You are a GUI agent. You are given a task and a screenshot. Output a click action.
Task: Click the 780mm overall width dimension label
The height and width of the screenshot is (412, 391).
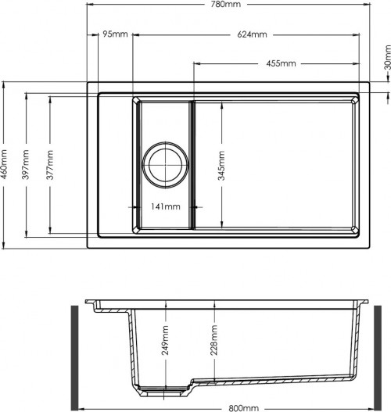point(226,4)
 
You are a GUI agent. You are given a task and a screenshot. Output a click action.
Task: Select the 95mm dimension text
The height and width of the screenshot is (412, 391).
point(115,34)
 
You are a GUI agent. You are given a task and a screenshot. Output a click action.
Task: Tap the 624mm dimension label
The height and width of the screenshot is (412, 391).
point(252,34)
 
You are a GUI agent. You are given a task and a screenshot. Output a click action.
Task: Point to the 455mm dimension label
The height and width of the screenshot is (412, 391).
point(281,63)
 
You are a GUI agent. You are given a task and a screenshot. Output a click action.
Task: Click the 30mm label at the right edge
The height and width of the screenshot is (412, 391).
point(388,58)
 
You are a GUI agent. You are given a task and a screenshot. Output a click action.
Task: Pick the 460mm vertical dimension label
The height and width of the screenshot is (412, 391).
point(4,165)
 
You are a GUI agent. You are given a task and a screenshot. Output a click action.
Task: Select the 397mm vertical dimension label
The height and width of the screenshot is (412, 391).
point(25,165)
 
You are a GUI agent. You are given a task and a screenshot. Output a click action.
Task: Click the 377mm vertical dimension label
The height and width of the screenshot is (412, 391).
point(50,165)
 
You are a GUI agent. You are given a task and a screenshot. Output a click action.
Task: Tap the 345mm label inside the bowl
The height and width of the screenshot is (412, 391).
point(221,166)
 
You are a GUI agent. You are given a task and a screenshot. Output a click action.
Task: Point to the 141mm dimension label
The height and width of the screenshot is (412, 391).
point(166,206)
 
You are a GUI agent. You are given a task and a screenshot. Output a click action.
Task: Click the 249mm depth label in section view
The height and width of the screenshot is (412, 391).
point(165,340)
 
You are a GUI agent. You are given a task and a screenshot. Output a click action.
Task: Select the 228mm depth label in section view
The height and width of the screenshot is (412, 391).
point(214,340)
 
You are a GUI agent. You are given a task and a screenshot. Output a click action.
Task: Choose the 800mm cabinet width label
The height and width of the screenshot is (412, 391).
point(243,408)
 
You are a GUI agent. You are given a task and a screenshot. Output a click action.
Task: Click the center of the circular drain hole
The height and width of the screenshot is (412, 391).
point(165,165)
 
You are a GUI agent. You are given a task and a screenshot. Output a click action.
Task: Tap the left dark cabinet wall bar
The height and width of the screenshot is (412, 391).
point(75,357)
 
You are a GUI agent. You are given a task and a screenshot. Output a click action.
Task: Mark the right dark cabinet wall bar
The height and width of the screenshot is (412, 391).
point(378,357)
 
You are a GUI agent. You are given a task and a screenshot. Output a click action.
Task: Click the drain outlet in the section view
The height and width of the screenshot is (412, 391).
point(164,391)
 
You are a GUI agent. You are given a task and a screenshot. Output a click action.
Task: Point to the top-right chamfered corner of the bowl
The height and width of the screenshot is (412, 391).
point(354,101)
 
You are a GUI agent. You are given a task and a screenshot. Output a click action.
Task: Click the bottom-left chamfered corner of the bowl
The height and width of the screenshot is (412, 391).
point(137,229)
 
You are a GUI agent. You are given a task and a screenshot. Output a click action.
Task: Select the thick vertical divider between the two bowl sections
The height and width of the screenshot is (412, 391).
point(192,165)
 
